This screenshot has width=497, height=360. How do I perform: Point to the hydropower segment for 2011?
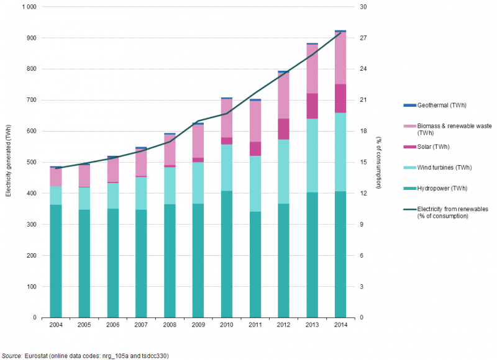255,264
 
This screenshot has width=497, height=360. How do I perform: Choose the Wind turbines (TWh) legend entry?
444,168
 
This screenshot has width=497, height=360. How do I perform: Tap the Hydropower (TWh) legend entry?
441,188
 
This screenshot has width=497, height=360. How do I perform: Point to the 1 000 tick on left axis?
29,7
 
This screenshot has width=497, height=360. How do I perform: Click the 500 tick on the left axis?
32,163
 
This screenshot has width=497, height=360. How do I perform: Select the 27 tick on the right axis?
363,38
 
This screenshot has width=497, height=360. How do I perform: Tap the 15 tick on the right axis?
363,163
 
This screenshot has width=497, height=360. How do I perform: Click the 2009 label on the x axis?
198,324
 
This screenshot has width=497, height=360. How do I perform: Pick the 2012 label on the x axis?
283,324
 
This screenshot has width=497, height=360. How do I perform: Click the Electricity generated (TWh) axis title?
8,163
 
